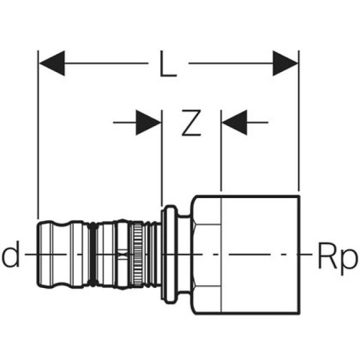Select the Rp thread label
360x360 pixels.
pos(337,258)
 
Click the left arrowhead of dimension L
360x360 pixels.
pos(51,63)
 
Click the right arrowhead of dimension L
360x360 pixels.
pos(285,63)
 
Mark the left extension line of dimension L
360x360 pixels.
pos(38,141)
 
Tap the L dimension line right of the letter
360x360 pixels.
pos(231,63)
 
